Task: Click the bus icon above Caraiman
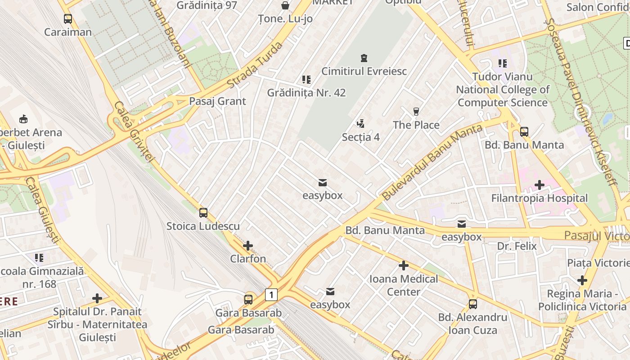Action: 68,19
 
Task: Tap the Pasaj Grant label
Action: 217,101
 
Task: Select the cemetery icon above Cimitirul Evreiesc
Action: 364,58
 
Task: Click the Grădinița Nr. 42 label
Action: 306,93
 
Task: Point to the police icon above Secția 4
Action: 360,123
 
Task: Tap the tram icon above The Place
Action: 416,112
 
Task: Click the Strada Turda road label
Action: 255,66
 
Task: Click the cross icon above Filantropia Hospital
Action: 539,185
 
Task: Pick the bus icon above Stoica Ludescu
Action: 203,213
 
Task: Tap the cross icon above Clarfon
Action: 248,246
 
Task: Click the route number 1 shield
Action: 271,295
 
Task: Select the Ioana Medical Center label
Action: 404,285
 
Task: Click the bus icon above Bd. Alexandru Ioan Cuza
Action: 473,304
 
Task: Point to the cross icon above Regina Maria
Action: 582,281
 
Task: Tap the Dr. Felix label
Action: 517,246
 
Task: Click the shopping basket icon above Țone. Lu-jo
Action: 285,5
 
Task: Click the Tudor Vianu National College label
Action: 503,90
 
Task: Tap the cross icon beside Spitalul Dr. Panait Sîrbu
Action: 97,298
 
